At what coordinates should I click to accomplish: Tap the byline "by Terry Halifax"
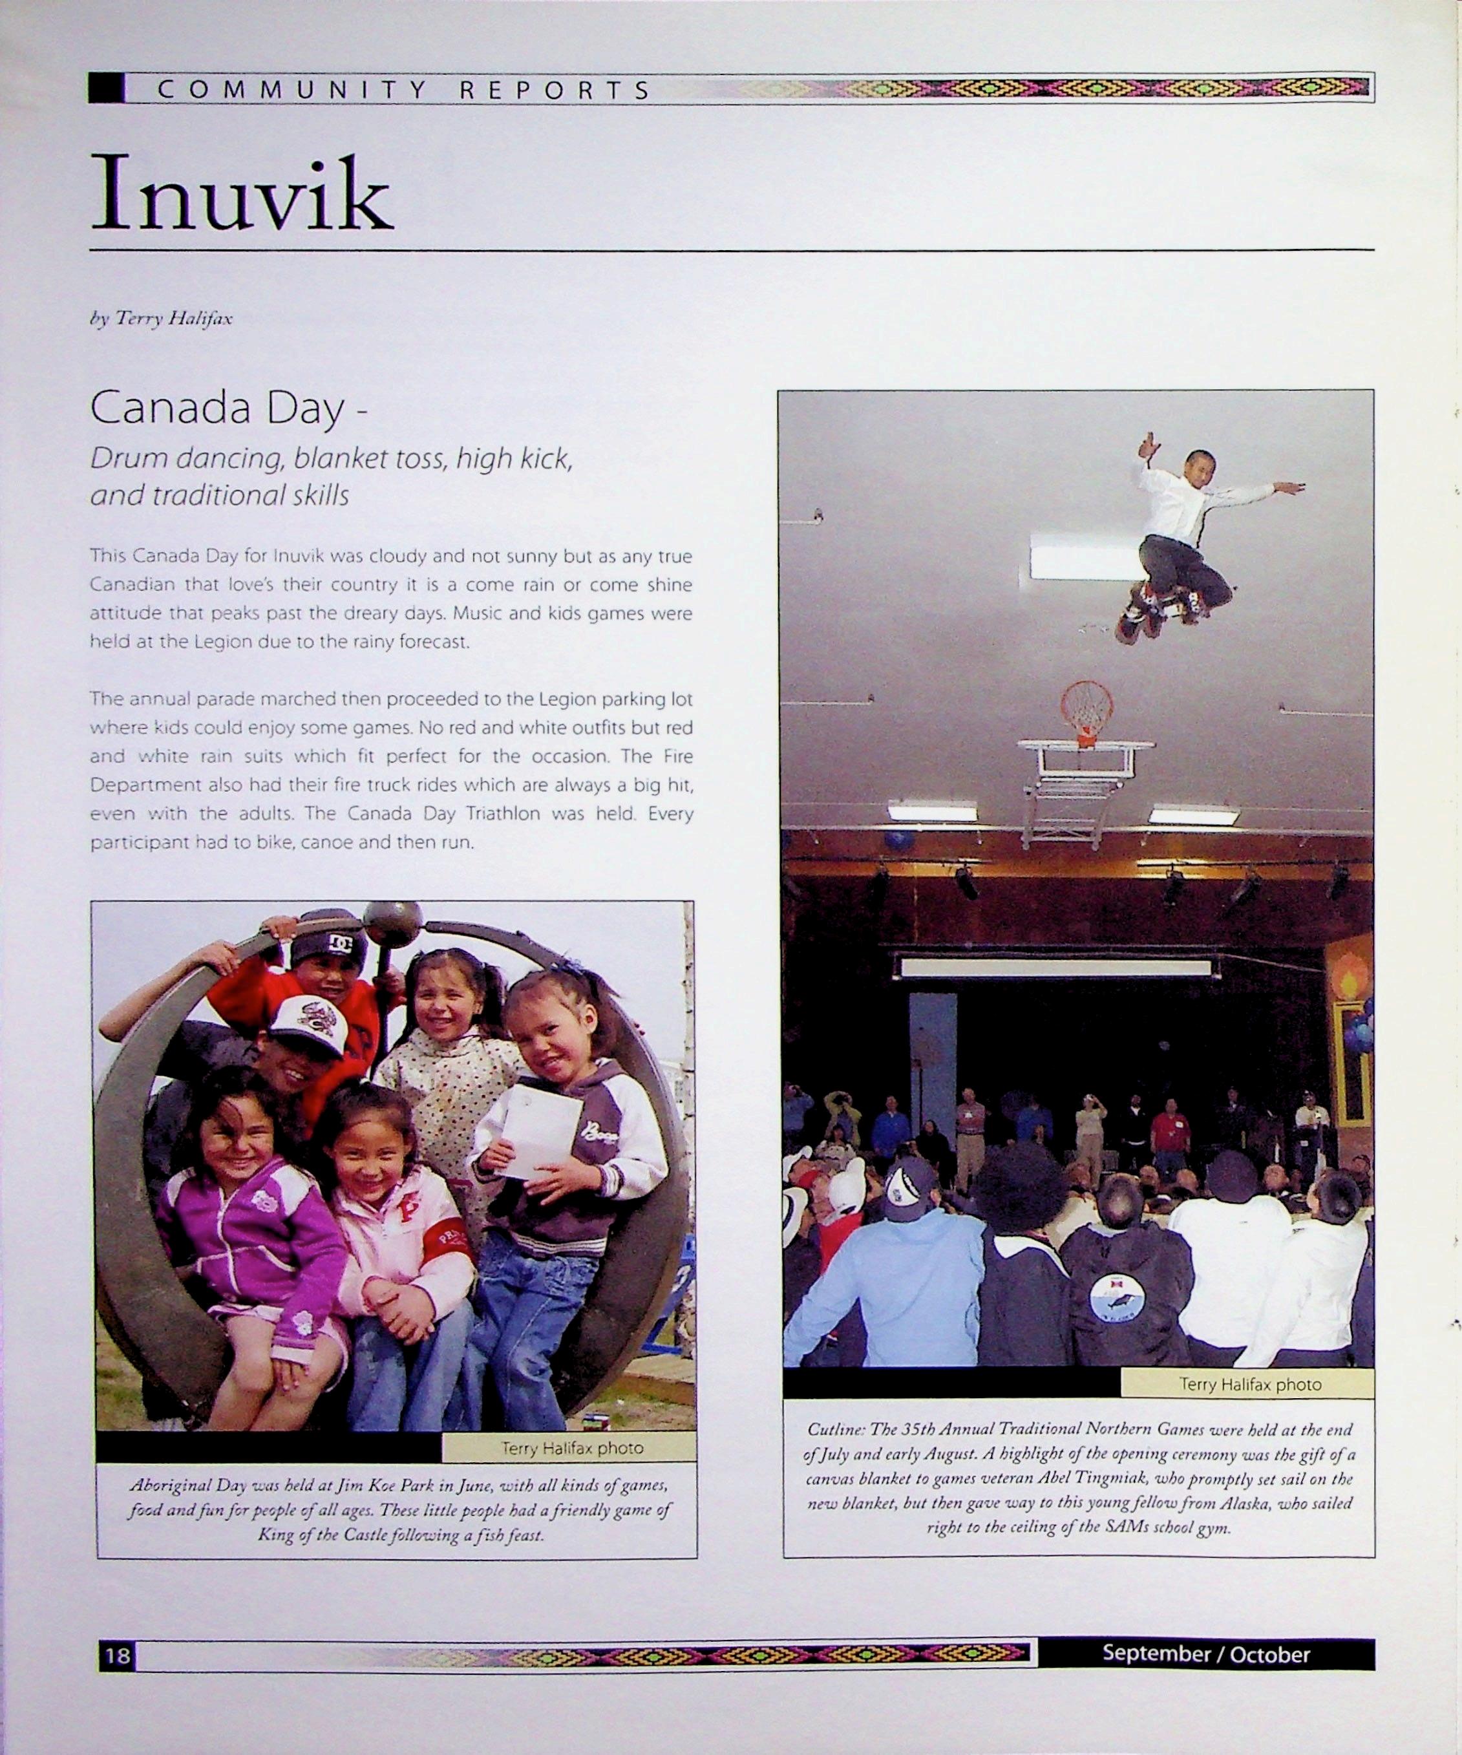pyautogui.click(x=160, y=319)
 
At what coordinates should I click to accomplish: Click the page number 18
pyautogui.click(x=117, y=1655)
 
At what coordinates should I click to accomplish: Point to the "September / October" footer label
pyautogui.click(x=1205, y=1653)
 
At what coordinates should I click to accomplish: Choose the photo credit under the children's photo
pyautogui.click(x=571, y=1447)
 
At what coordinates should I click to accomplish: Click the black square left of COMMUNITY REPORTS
pyautogui.click(x=106, y=89)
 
